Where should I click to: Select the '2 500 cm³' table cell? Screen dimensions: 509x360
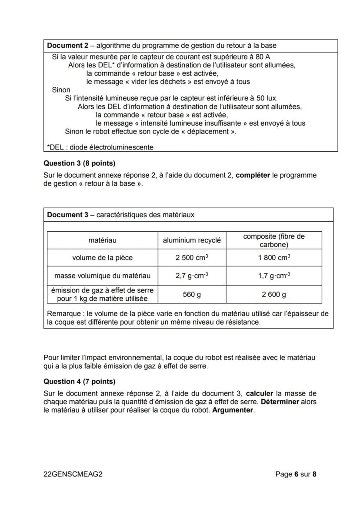(x=192, y=257)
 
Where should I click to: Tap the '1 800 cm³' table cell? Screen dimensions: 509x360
(x=274, y=257)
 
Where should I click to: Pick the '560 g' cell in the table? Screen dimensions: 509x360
(x=192, y=295)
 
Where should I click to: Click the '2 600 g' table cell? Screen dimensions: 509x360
(x=274, y=295)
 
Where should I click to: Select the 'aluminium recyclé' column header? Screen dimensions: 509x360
(x=192, y=240)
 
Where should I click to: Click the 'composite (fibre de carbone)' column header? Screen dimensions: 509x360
(x=274, y=240)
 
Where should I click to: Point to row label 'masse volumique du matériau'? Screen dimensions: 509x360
(x=102, y=276)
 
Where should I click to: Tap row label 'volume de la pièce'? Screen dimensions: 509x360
(x=102, y=257)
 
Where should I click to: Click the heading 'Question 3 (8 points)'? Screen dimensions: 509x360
(x=80, y=163)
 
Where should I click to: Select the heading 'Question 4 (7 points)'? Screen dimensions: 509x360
(x=80, y=382)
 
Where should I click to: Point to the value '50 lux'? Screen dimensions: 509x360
(x=265, y=98)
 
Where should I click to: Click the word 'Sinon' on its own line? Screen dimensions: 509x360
(x=61, y=90)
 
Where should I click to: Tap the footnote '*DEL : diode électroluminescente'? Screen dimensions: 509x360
(x=100, y=147)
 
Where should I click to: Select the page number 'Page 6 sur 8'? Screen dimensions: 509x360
(x=296, y=474)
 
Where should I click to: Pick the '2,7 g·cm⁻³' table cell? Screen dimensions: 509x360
(x=192, y=276)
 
